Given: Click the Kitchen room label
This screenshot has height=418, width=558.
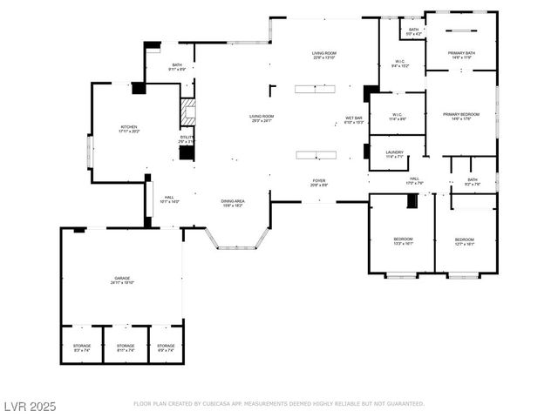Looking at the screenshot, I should (x=129, y=129).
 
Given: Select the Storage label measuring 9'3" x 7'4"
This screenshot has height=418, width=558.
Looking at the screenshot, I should (x=82, y=347).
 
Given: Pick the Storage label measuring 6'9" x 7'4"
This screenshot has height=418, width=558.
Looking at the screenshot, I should (x=166, y=347).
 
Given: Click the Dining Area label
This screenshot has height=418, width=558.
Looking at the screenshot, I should (x=232, y=202).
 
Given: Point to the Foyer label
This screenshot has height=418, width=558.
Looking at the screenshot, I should (x=319, y=182).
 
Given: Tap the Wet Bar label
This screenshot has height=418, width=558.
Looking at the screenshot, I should (x=354, y=119).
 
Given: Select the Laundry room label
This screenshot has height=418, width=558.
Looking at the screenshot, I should (x=394, y=153).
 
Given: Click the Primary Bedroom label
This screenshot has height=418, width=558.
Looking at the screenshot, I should (x=460, y=116).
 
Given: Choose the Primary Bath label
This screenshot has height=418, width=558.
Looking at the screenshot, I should (x=461, y=56).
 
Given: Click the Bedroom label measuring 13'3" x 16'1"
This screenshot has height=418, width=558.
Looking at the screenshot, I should (x=403, y=241).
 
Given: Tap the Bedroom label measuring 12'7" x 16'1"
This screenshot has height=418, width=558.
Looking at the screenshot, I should (x=464, y=241).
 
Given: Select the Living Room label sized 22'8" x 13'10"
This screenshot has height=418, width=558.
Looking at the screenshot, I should (x=324, y=56).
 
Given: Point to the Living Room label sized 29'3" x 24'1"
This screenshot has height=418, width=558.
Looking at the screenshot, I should (x=262, y=118).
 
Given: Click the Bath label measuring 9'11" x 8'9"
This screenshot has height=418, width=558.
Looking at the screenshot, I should (x=177, y=66).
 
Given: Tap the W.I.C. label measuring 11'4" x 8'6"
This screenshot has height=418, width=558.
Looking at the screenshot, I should (x=397, y=116).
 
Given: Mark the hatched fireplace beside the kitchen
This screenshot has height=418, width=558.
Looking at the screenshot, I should (x=186, y=111).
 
